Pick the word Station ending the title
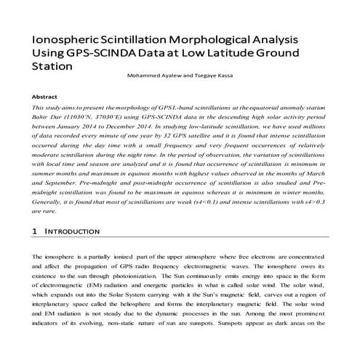pyautogui.click(x=53, y=66)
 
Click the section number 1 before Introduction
pyautogui.click(x=35, y=231)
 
